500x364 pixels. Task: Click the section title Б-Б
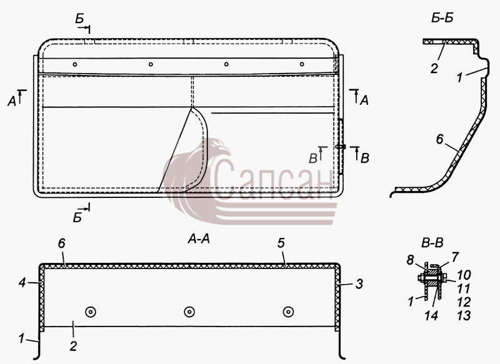(442, 18)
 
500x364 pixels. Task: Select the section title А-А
(198, 239)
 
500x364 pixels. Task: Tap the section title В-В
(432, 243)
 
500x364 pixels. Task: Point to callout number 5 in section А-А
(281, 243)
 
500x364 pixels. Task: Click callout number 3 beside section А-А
(359, 283)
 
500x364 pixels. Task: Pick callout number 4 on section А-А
(22, 282)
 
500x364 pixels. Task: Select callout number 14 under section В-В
(431, 315)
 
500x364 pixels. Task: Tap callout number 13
(464, 315)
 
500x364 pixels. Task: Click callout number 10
(464, 275)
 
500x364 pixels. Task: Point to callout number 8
(410, 260)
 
